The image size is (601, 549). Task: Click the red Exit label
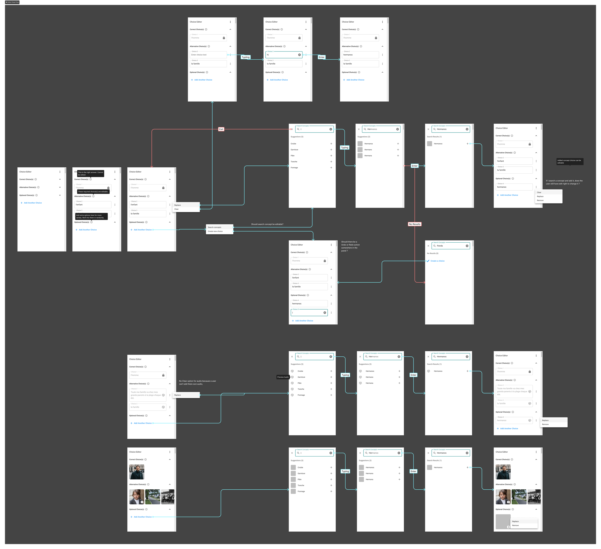[x=221, y=129]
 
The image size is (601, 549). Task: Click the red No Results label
[x=414, y=224]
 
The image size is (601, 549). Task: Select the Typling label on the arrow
[x=246, y=57]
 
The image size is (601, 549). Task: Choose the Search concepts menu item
[x=215, y=227]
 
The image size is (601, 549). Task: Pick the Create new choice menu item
[x=215, y=231]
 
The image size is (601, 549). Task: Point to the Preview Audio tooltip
[x=283, y=377]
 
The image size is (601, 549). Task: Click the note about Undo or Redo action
[x=350, y=246]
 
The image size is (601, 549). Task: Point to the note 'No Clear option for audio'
[x=197, y=382]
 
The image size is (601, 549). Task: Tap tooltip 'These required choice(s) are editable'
[x=93, y=192]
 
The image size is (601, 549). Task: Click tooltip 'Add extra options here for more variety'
[x=91, y=216]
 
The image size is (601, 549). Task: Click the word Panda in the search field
[x=440, y=246]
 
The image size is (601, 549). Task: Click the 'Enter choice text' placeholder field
[x=208, y=55]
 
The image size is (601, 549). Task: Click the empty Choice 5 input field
[x=307, y=313]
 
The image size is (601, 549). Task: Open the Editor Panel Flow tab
[x=12, y=2]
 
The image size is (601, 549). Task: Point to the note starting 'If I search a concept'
[x=564, y=182]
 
